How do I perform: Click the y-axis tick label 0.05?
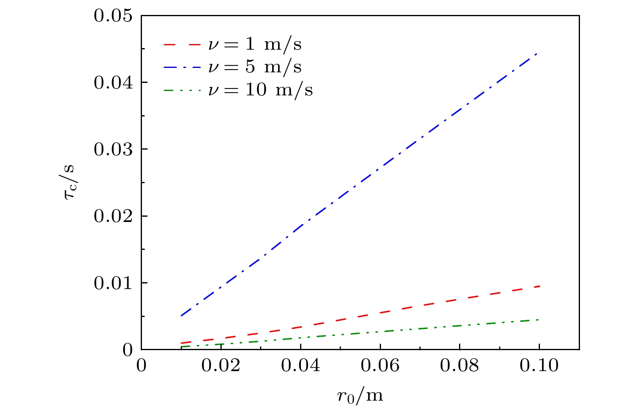pyautogui.click(x=113, y=16)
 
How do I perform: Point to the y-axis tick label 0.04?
pyautogui.click(x=113, y=83)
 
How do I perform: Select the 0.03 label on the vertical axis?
pyautogui.click(x=113, y=150)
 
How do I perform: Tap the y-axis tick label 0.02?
pyautogui.click(x=113, y=216)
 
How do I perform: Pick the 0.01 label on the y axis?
pyautogui.click(x=113, y=283)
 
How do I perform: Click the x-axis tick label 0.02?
pyautogui.click(x=221, y=366)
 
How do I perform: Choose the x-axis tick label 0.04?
pyautogui.click(x=301, y=366)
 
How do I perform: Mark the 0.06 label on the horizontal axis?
pyautogui.click(x=380, y=366)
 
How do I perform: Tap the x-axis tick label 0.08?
pyautogui.click(x=459, y=366)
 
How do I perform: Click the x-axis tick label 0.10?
pyautogui.click(x=539, y=366)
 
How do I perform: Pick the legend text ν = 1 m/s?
pyautogui.click(x=255, y=44)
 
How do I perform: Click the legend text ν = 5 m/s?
pyautogui.click(x=255, y=67)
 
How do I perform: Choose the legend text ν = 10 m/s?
pyautogui.click(x=260, y=90)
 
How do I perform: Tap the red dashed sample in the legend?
pyautogui.click(x=182, y=44)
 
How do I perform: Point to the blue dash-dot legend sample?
pyautogui.click(x=182, y=67)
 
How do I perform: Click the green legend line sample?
pyautogui.click(x=182, y=90)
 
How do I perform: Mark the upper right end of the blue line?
pyautogui.click(x=537, y=53)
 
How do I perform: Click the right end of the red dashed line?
pyautogui.click(x=539, y=286)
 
